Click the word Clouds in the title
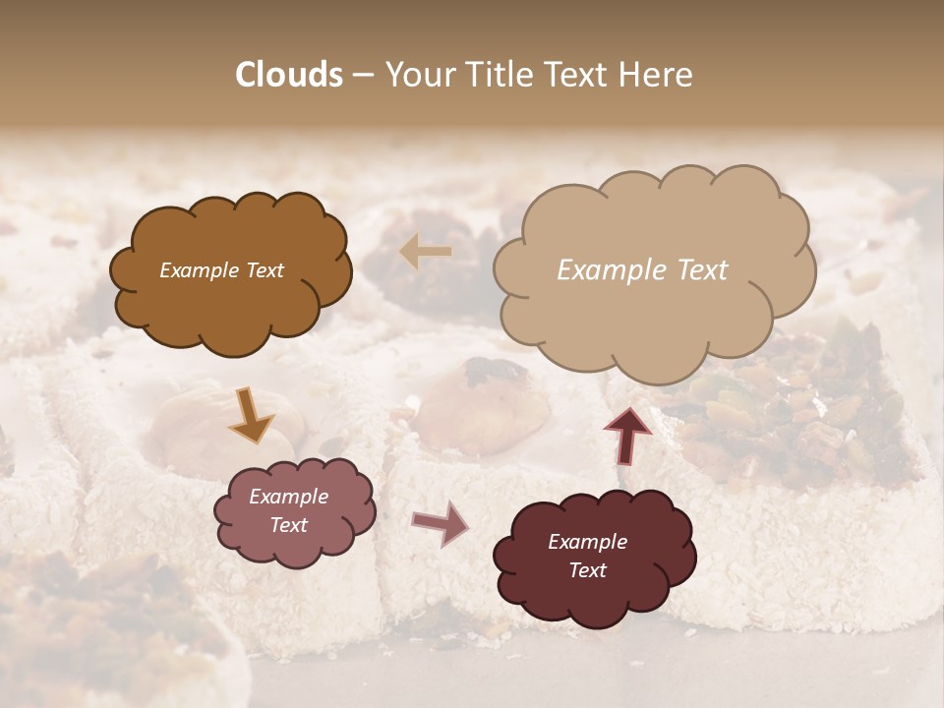click(x=289, y=75)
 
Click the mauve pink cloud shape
click(x=295, y=511)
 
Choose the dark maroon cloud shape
click(x=593, y=557)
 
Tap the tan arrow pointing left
click(x=426, y=253)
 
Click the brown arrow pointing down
click(x=251, y=415)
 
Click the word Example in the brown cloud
click(x=200, y=270)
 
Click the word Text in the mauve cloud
click(x=288, y=525)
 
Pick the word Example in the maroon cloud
click(x=587, y=542)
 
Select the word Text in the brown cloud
click(x=264, y=270)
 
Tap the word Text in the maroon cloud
click(x=587, y=570)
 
